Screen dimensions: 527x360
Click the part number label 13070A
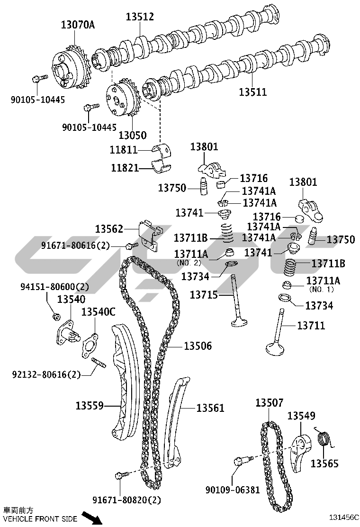point(77,25)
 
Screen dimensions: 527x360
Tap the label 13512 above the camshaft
point(140,17)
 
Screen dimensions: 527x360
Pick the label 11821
point(125,167)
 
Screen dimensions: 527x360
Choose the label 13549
point(301,416)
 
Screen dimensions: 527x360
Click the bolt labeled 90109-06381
point(239,462)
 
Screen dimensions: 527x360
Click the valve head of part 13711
point(275,349)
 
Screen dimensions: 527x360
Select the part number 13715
point(204,295)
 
